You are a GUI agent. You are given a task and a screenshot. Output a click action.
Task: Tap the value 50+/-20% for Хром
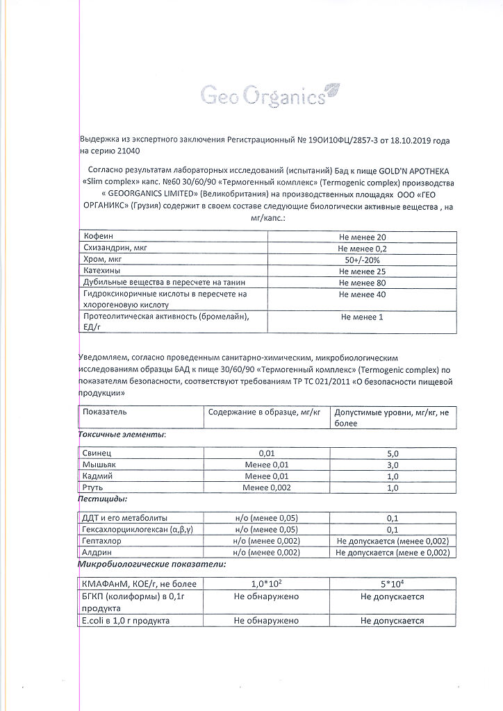tap(362, 260)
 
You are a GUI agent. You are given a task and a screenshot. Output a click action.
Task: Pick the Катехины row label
tap(103, 271)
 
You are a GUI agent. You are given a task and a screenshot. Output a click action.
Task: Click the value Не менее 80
tap(362, 283)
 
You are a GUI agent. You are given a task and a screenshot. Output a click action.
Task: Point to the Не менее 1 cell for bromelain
tap(362, 317)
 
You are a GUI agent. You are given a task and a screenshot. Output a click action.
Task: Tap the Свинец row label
tap(98, 453)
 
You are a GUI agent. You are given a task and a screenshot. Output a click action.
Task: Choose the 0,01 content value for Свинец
tap(266, 453)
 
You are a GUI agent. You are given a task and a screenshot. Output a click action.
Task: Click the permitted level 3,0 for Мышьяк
tap(393, 465)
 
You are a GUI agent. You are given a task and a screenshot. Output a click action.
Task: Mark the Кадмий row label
tap(98, 476)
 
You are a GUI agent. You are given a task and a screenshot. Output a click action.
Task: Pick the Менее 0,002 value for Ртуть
tap(266, 488)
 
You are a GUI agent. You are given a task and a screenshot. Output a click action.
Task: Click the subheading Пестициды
tap(101, 499)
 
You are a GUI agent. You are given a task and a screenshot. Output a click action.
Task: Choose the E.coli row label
tap(126, 621)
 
